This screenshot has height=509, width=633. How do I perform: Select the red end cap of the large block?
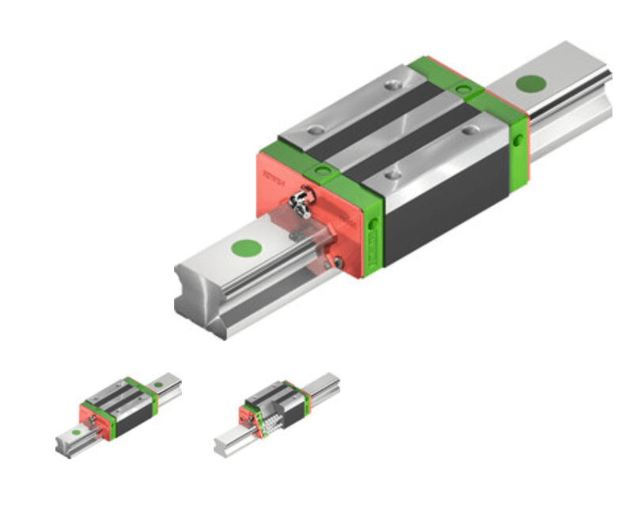(x=277, y=178)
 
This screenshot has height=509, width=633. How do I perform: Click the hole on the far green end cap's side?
(x=517, y=140)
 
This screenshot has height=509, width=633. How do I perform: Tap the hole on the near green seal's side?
(x=372, y=224)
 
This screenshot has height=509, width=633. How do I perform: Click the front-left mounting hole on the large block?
(x=316, y=130)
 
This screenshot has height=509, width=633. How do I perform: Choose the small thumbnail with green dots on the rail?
(x=119, y=414)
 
